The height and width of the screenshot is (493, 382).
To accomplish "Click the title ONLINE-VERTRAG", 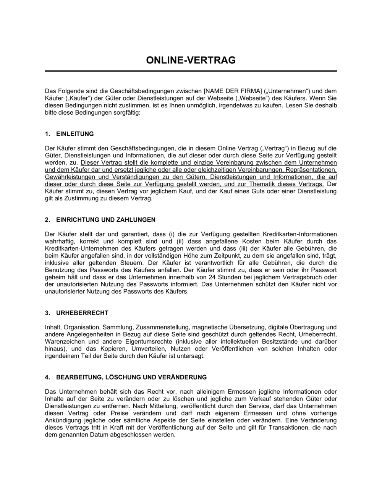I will point(191,60).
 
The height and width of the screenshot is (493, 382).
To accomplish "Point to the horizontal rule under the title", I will point(191,71).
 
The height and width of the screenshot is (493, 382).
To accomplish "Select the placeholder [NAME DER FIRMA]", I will point(233,91).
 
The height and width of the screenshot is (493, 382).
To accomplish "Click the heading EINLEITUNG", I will point(75,134).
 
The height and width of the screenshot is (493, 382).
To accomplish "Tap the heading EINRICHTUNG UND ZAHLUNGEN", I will point(106,220).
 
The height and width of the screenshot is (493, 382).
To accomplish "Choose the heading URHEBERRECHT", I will point(82,313).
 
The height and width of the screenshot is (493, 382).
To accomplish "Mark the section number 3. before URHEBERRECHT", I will point(47,313).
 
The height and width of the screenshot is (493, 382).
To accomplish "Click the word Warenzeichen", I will point(63,341).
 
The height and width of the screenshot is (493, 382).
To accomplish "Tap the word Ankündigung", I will point(63,420).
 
